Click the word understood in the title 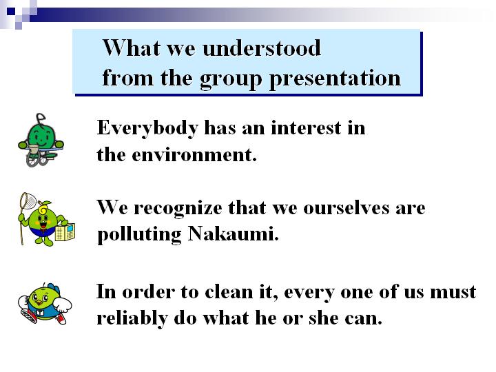click(x=262, y=48)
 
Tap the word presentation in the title click(x=335, y=79)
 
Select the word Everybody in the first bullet click(x=147, y=129)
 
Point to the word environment click(x=194, y=155)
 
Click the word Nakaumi click(x=234, y=234)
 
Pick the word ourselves click(x=347, y=208)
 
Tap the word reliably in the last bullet click(x=132, y=319)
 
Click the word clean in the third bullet click(x=229, y=291)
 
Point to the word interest click(x=306, y=128)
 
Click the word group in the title click(x=231, y=79)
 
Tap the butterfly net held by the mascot click(x=28, y=200)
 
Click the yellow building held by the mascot click(x=65, y=233)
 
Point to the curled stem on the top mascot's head click(x=40, y=118)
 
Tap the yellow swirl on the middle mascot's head click(x=43, y=209)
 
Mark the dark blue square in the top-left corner click(x=11, y=12)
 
